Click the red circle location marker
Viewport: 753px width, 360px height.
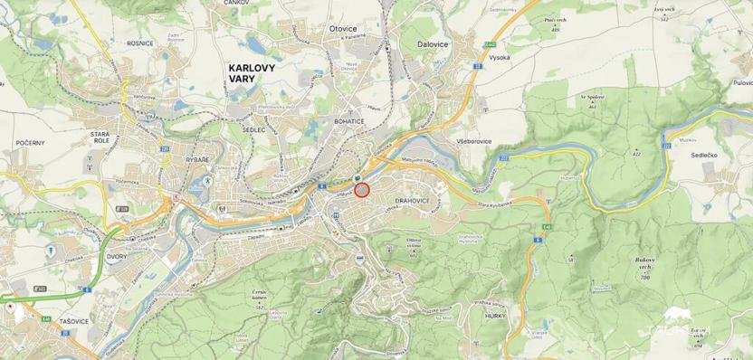tap(363, 190)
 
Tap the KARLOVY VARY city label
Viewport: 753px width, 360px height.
tap(254, 72)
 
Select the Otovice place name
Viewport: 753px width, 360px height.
tap(344, 29)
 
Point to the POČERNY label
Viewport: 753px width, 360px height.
tap(30, 144)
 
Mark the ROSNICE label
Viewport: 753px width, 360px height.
tap(139, 43)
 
